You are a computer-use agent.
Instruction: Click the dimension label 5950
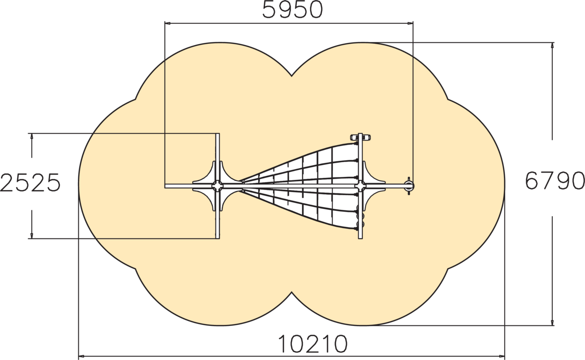coord(292,10)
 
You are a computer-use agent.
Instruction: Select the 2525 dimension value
coord(30,183)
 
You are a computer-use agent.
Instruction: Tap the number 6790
coord(555,181)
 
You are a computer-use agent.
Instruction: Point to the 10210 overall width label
coord(312,344)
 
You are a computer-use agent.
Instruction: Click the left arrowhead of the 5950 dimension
coord(168,23)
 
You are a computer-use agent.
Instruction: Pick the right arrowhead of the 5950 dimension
coord(410,23)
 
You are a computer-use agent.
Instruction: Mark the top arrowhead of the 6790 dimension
coord(552,45)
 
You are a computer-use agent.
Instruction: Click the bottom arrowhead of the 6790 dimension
coord(552,322)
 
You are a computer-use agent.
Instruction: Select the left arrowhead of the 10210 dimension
coord(82,356)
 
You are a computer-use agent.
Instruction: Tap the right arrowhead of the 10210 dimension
coord(502,356)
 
